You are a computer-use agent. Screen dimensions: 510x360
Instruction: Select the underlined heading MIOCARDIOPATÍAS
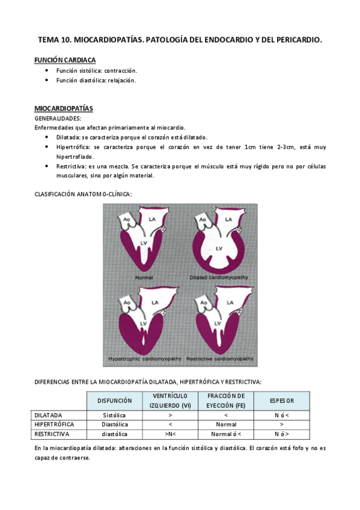point(63,109)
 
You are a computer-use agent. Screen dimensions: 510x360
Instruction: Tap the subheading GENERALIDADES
point(58,118)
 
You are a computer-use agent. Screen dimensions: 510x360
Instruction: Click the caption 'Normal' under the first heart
point(144,277)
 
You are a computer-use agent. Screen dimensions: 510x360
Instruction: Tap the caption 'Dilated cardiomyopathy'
point(219,277)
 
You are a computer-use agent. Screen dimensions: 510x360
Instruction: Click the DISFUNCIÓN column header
point(114,401)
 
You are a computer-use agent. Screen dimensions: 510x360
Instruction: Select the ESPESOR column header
point(282,401)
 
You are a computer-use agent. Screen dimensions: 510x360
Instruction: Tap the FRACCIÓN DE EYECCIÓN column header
point(225,401)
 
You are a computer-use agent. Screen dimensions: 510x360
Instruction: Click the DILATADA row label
point(49,415)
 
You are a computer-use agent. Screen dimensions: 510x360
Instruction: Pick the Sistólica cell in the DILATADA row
point(114,415)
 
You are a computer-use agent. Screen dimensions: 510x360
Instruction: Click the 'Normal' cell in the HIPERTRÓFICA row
point(225,424)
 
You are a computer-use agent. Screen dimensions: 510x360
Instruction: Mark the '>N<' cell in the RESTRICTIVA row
point(171,434)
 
